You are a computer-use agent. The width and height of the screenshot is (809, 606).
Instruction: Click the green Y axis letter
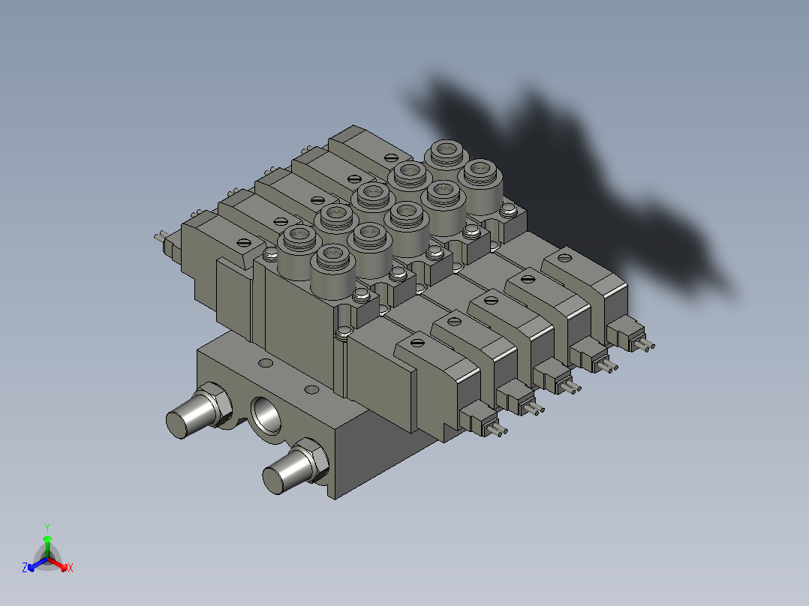(47, 527)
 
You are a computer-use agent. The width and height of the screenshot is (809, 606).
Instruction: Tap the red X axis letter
(71, 568)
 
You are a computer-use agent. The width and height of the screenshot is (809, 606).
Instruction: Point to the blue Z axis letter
(24, 567)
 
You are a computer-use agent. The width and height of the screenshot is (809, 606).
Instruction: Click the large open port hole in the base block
(266, 415)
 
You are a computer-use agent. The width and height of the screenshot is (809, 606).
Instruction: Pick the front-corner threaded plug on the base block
(295, 466)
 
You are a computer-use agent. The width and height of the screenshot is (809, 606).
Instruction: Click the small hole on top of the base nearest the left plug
(265, 363)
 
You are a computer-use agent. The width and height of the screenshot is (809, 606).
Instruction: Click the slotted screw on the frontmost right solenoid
(417, 342)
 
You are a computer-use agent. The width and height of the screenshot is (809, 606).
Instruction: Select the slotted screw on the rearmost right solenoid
(565, 257)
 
